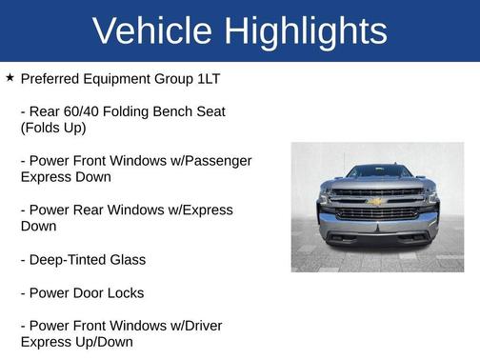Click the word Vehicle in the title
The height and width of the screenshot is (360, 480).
152,30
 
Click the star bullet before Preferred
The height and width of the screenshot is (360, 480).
10,77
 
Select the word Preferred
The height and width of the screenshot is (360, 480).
52,78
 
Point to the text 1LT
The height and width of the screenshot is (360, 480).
206,78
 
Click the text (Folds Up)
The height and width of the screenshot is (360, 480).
53,128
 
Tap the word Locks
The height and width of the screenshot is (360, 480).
125,292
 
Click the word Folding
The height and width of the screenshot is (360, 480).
130,111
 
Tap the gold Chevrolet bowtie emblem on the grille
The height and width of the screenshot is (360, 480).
375,202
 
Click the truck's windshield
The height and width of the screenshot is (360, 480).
377,172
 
